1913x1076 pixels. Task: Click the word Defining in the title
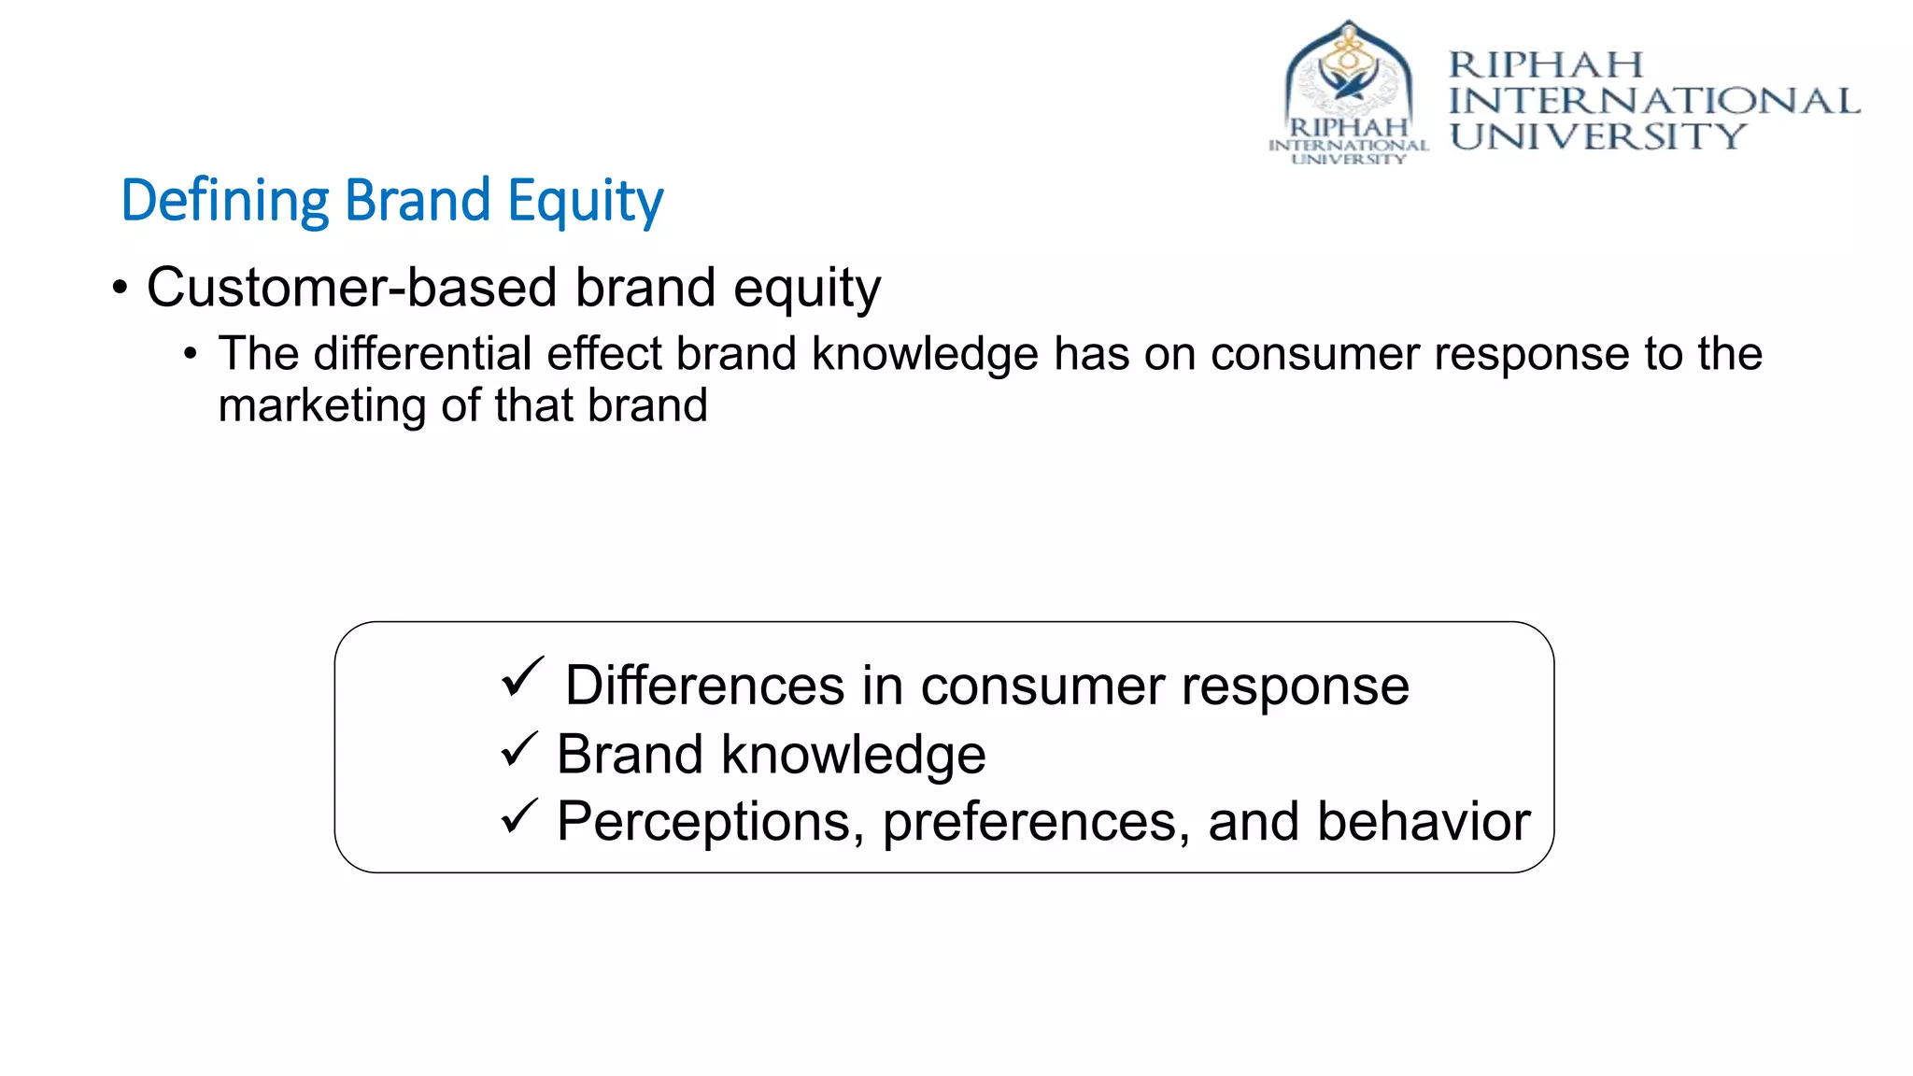coord(225,201)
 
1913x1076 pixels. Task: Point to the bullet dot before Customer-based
coord(120,288)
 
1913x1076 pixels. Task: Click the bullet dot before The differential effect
coord(191,355)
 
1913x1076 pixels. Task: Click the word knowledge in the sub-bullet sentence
coord(924,354)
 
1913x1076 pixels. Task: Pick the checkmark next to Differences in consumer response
coord(521,677)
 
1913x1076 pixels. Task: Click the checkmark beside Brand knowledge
coord(518,749)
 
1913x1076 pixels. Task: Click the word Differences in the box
coord(704,686)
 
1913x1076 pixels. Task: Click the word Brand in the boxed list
coord(629,754)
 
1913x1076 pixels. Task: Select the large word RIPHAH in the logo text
coord(1545,65)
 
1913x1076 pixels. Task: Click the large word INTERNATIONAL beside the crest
coord(1653,101)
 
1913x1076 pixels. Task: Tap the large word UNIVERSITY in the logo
coord(1597,136)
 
